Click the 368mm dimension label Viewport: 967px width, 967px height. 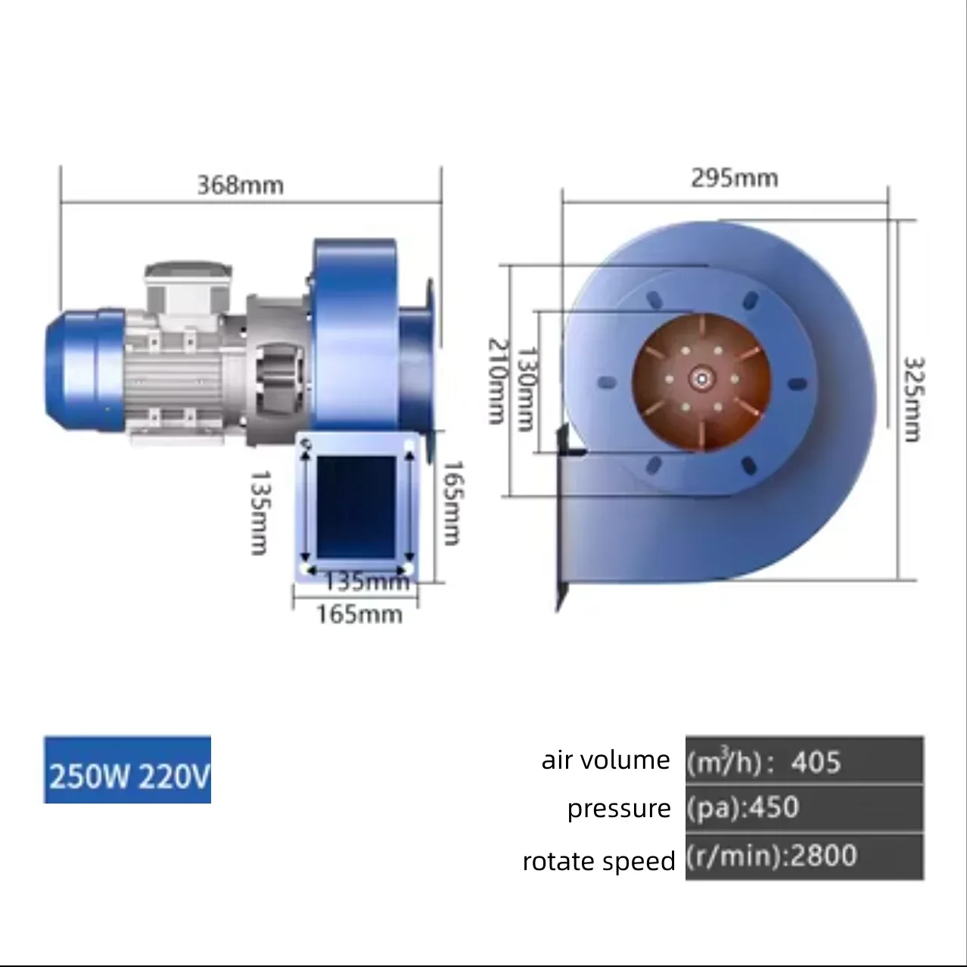241,185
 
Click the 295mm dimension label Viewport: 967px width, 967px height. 735,178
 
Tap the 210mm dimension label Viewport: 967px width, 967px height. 498,381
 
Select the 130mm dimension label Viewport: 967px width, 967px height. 527,389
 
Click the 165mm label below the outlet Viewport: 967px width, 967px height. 359,614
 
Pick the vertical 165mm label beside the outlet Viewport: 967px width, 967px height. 452,503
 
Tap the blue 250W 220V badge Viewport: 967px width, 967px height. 127,770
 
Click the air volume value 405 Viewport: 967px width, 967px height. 816,762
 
